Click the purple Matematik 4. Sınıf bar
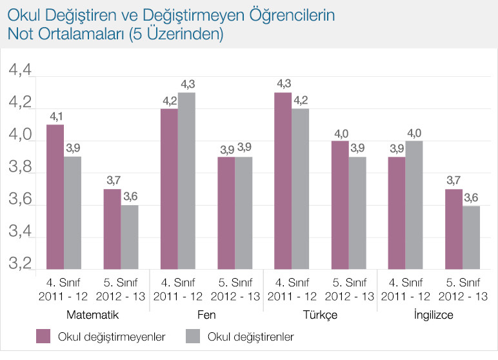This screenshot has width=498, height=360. pos(55,197)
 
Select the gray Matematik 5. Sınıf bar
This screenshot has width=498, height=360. pos(129,237)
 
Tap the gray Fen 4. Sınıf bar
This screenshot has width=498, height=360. pos(186,181)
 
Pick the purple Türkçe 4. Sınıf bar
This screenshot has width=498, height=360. pos(283,181)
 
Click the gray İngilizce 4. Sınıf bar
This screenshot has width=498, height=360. pos(414,205)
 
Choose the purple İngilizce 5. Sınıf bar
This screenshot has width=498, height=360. pos(453,229)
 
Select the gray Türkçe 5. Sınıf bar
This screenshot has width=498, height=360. pos(357,213)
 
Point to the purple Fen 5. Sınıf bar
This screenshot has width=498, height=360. pos(226,213)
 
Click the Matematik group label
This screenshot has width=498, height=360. pos(91,315)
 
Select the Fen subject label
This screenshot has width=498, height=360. pos(206,315)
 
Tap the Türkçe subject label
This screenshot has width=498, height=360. pos(321,315)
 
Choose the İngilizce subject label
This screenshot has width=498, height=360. pos(434,315)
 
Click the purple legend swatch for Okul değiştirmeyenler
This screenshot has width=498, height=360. pos(43,336)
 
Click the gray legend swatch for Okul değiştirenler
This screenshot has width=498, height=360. pos(193,336)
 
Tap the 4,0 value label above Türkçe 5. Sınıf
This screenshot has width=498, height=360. pos(340,134)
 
